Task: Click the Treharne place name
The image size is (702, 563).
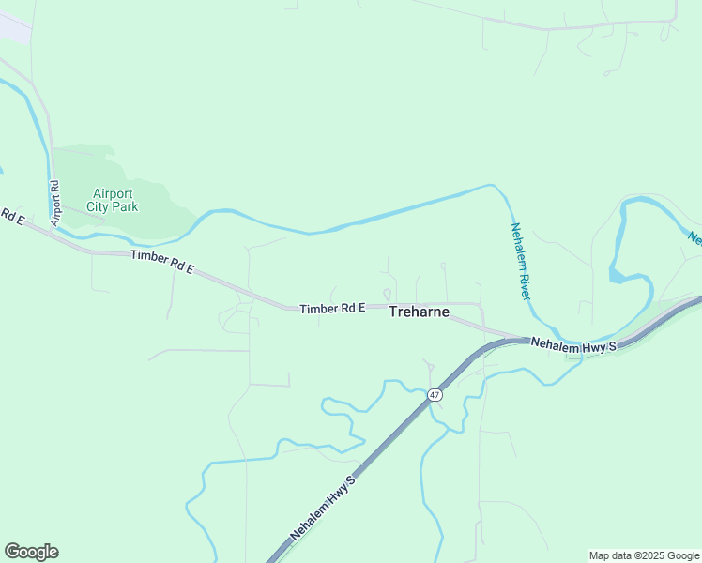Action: [x=419, y=312]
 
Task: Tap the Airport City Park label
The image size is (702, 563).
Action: [x=111, y=199]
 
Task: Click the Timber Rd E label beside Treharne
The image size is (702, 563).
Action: [x=332, y=309]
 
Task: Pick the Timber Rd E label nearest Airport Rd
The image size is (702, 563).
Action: [x=161, y=262]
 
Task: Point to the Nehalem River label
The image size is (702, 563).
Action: [x=521, y=261]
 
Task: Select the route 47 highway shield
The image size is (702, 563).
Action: [x=435, y=395]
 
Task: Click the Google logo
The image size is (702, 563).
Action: [x=31, y=552]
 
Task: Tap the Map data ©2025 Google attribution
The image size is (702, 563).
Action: [x=644, y=555]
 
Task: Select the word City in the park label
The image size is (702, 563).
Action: [x=99, y=205]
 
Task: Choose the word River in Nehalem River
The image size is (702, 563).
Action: [x=526, y=282]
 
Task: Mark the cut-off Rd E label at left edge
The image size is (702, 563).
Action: [x=9, y=215]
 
